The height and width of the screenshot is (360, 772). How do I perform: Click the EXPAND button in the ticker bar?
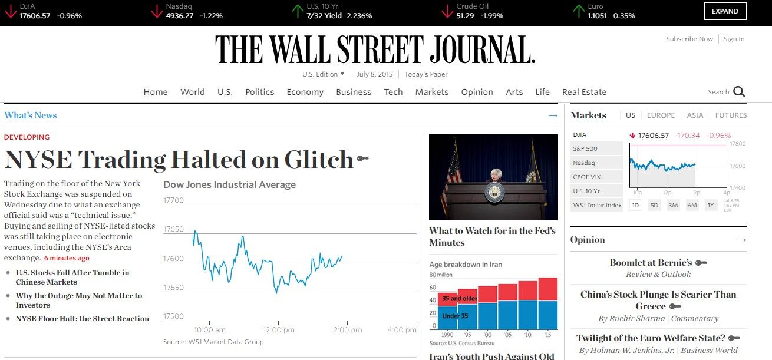tap(725, 11)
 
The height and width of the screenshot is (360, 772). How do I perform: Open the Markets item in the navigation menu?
tap(431, 92)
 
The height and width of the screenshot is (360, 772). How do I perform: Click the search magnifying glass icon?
tap(739, 92)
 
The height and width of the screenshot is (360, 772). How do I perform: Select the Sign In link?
tap(734, 39)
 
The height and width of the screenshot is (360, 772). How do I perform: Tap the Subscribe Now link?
tap(689, 39)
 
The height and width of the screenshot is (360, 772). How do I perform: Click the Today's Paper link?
tap(425, 74)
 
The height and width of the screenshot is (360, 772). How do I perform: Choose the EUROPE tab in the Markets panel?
tap(661, 115)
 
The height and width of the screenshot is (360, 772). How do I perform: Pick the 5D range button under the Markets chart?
tap(654, 205)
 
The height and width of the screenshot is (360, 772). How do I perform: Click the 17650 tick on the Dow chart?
tap(173, 229)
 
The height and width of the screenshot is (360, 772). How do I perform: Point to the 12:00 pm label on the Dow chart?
tap(279, 330)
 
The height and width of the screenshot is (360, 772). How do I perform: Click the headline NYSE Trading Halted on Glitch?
tap(179, 160)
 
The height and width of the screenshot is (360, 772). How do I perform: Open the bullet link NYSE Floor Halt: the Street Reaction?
tap(83, 319)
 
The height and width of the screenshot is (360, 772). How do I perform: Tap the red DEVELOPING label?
tap(27, 137)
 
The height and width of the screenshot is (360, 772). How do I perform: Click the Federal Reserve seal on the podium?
tap(494, 191)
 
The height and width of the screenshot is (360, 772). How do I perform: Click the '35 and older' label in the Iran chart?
tap(460, 299)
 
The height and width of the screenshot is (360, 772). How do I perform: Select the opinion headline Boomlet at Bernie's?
tap(651, 263)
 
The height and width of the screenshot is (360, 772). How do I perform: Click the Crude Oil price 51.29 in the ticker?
tap(465, 16)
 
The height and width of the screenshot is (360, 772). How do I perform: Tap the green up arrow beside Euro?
tap(579, 11)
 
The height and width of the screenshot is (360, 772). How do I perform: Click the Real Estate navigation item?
tap(584, 92)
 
